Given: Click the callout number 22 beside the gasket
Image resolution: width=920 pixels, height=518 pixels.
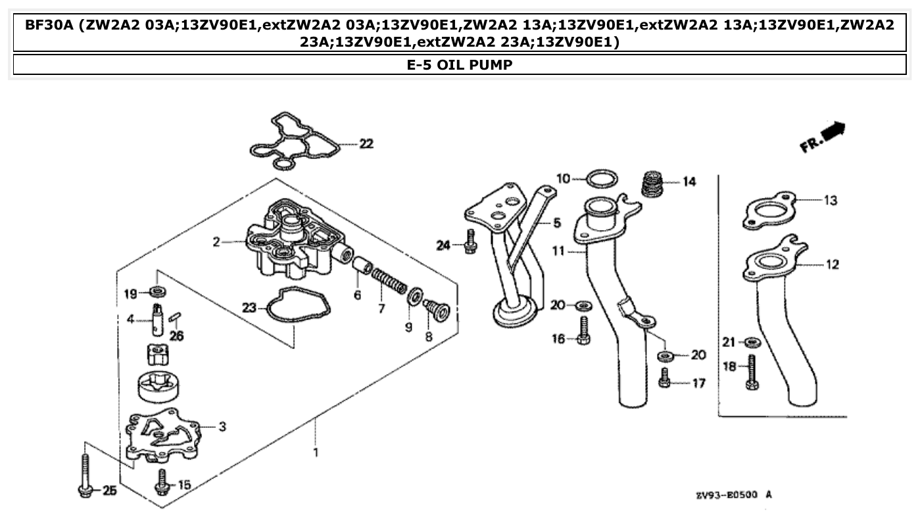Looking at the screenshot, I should tap(366, 144).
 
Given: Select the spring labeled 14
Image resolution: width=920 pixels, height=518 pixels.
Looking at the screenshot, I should tap(652, 183).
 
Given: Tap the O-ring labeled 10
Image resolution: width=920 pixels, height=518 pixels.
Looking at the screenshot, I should tap(601, 178).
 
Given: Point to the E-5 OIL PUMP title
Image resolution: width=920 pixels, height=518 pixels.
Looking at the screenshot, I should tap(460, 64).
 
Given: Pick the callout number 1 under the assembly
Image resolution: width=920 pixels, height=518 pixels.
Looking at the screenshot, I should tap(316, 453).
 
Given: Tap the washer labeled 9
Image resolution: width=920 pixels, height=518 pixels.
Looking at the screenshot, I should tap(415, 297).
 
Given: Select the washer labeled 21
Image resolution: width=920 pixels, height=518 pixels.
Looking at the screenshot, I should tap(751, 342).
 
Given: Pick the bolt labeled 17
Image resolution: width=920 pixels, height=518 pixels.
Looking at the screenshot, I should tap(665, 378).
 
